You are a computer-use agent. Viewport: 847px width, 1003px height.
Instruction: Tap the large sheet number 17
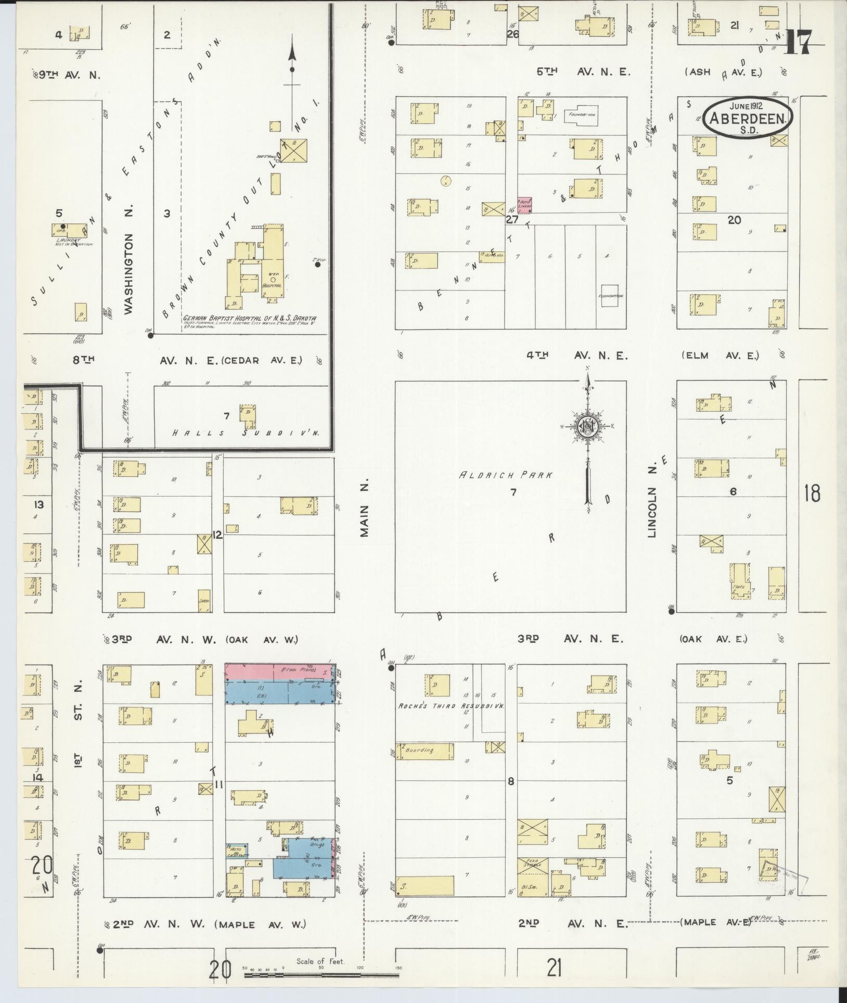pyautogui.click(x=797, y=42)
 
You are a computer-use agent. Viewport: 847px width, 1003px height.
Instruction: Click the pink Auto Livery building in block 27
pyautogui.click(x=524, y=205)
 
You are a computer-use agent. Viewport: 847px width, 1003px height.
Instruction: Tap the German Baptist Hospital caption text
pyautogui.click(x=249, y=319)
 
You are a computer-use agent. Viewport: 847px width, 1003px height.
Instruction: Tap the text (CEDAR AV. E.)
pyautogui.click(x=261, y=360)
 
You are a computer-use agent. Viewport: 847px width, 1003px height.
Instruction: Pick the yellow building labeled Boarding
pyautogui.click(x=424, y=751)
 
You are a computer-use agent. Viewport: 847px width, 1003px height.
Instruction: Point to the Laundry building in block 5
pyautogui.click(x=70, y=231)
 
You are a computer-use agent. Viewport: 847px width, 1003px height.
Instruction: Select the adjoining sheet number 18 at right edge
pyautogui.click(x=812, y=492)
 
